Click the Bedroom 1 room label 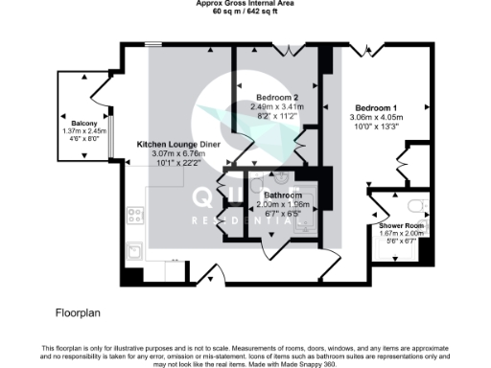[x=376, y=107]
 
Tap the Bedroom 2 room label [x=270, y=97]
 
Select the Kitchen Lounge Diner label [x=179, y=143]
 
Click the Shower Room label [x=395, y=225]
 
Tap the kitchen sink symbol [x=136, y=251]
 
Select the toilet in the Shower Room [x=415, y=205]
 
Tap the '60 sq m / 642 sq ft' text [x=245, y=12]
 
